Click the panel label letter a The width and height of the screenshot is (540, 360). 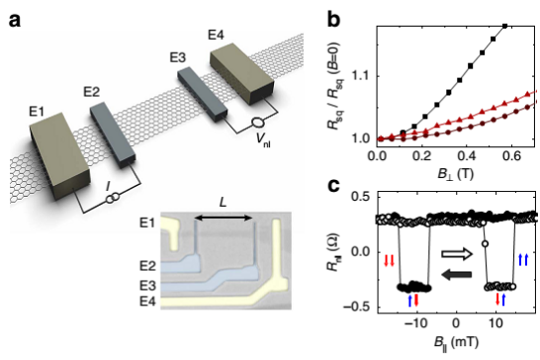[15, 21]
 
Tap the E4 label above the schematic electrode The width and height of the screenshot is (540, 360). [216, 36]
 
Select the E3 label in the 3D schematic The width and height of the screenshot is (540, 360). [178, 57]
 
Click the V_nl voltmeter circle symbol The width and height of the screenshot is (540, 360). [258, 123]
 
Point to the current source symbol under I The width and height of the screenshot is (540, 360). [113, 198]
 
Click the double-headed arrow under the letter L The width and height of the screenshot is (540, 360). [224, 218]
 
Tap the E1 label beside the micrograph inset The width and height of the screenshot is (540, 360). [147, 223]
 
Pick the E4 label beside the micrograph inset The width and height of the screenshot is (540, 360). [147, 302]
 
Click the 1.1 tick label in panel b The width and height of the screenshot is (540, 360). [361, 75]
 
